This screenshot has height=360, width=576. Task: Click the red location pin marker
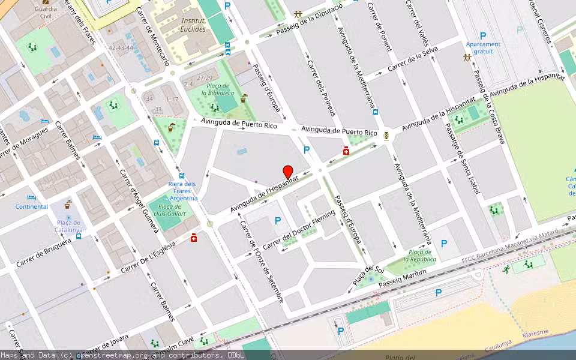pos(288,172)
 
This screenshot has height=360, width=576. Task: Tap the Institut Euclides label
pos(193,25)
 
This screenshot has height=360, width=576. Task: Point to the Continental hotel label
pos(32,206)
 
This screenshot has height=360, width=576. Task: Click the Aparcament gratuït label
pos(483,47)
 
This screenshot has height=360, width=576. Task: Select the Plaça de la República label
pos(419,256)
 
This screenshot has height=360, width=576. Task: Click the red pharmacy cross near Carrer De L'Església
pos(193,238)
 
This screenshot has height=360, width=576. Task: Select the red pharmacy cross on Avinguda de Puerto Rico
pos(346,151)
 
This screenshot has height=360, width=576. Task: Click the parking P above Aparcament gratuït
pos(482,36)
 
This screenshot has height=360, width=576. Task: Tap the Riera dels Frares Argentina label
pos(182,191)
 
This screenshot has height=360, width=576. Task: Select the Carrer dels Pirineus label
pos(320,88)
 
